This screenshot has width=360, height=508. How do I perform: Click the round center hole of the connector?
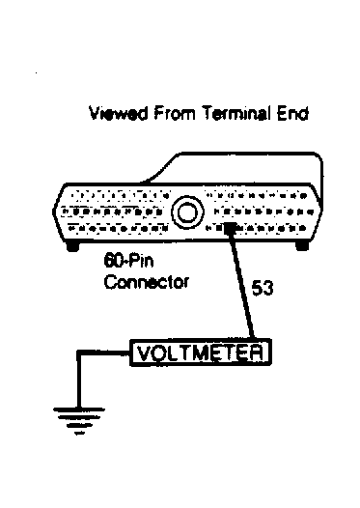click(x=187, y=211)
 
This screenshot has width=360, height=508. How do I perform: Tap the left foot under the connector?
click(x=73, y=246)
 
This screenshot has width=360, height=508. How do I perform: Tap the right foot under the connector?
click(x=301, y=246)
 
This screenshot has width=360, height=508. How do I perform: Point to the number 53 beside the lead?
click(x=263, y=287)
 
